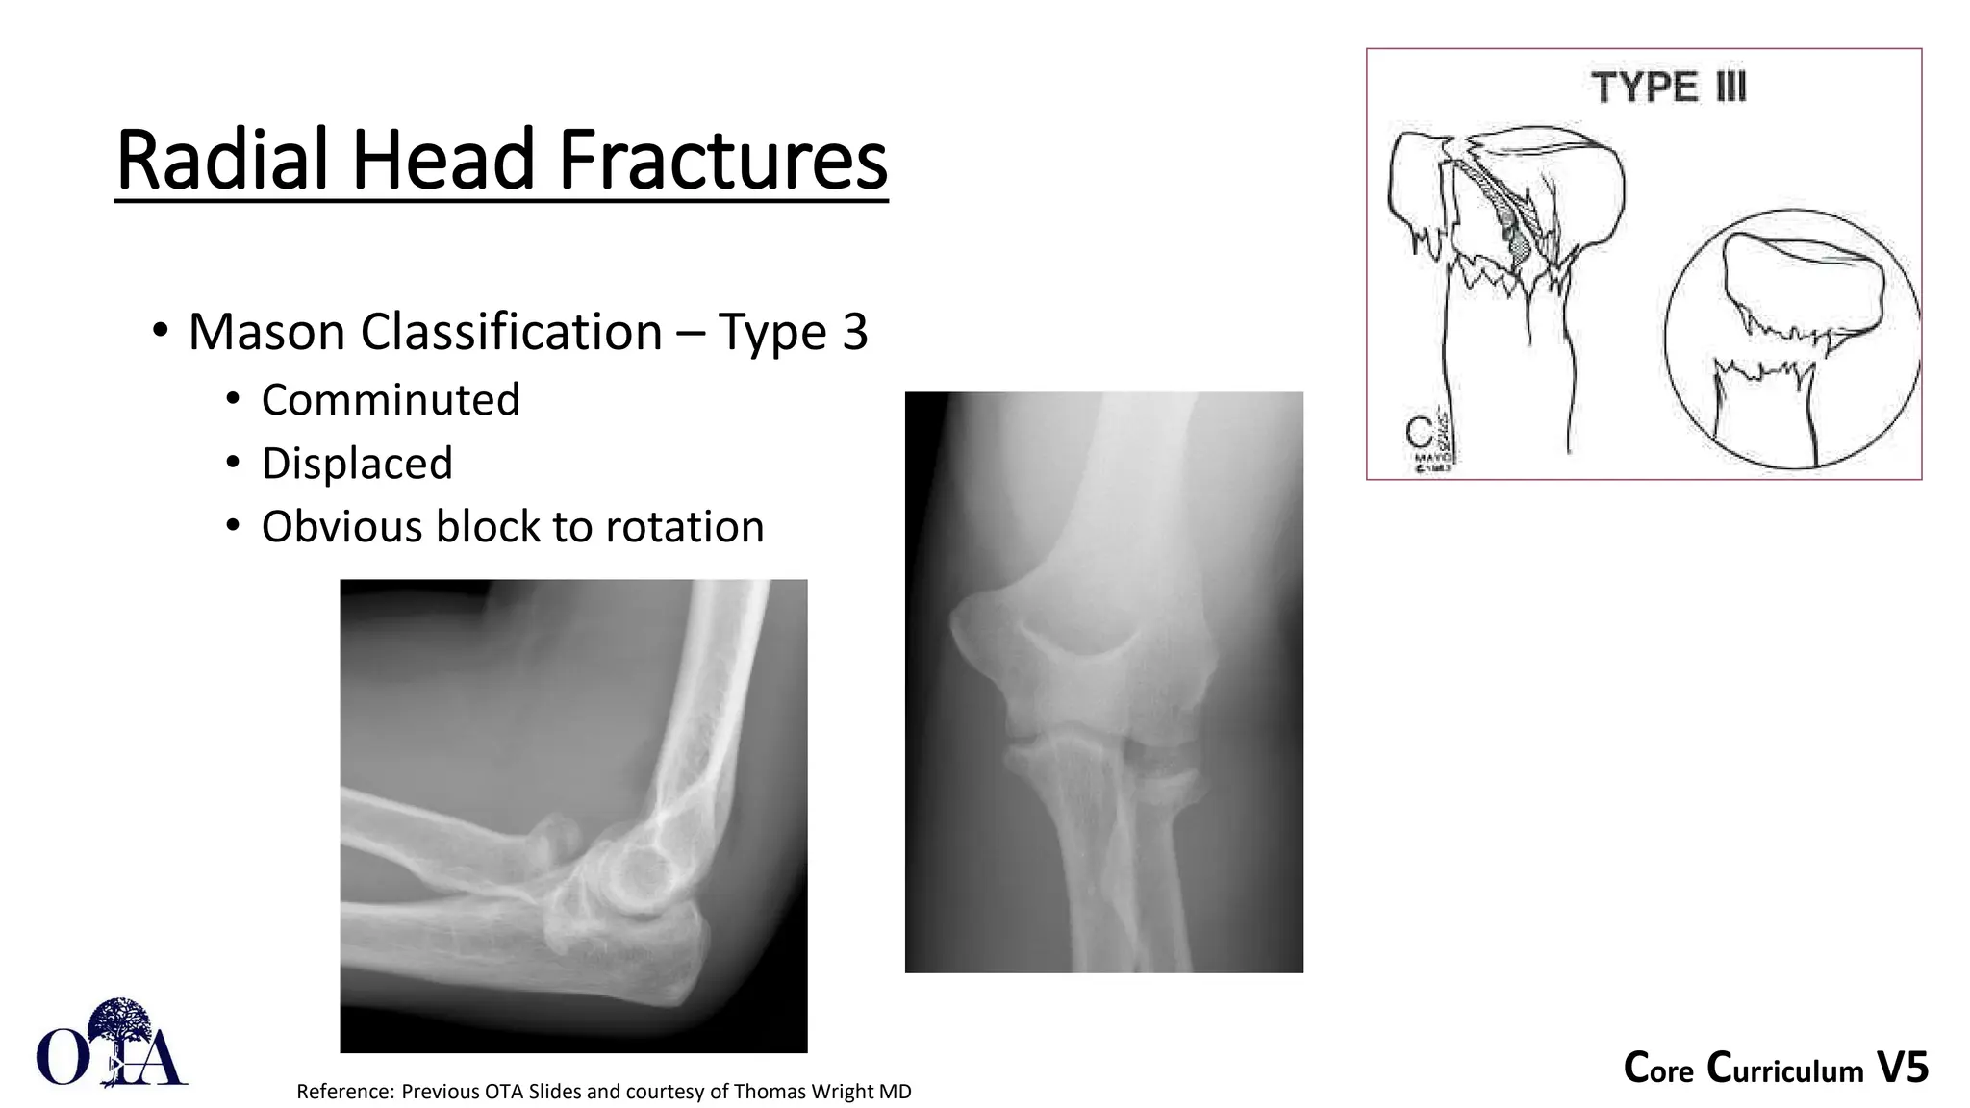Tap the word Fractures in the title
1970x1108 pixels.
(722, 160)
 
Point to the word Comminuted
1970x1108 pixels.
(391, 400)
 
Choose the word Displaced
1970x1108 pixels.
(357, 464)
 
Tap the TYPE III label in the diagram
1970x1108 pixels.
(1669, 88)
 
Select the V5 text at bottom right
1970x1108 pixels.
(1902, 1069)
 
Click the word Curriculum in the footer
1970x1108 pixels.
(1785, 1070)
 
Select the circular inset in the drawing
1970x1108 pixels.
(1792, 339)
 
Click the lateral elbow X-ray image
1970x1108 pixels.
(573, 816)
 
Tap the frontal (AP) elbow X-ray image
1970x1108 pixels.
(1103, 682)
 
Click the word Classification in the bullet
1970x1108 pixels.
(511, 333)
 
